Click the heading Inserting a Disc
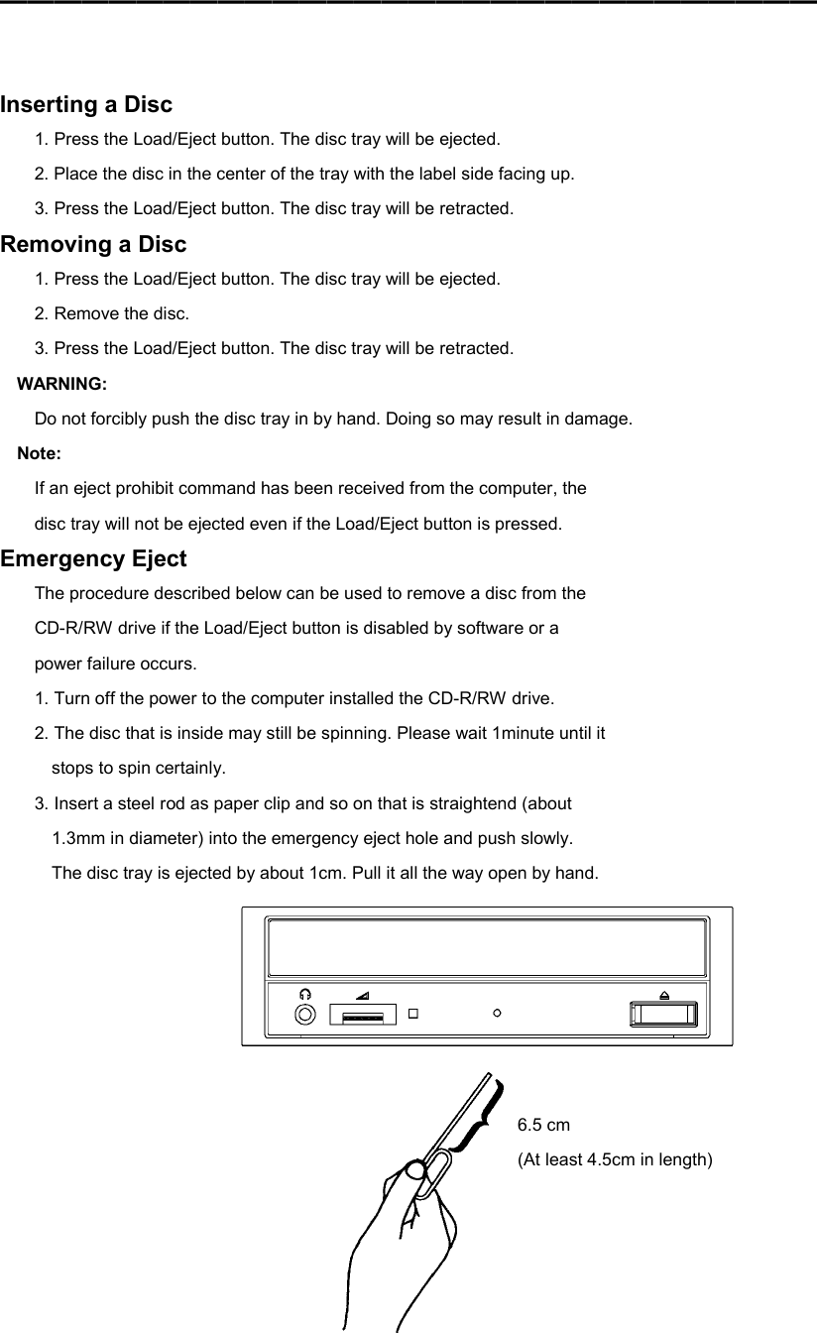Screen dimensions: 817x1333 tap(86, 104)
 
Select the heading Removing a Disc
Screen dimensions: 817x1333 tap(93, 244)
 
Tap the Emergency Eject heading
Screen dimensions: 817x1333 tap(93, 558)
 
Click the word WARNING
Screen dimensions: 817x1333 tap(62, 384)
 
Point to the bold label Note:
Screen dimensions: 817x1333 tap(40, 453)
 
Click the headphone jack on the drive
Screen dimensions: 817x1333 tap(306, 1014)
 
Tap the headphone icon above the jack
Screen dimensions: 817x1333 tap(306, 994)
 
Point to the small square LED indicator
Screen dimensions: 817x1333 tap(414, 1014)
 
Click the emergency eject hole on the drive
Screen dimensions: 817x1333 tap(497, 1013)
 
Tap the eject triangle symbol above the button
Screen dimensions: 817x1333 tap(663, 995)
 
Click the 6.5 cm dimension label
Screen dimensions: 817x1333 tap(544, 1125)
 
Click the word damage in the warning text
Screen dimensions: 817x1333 tap(599, 419)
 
